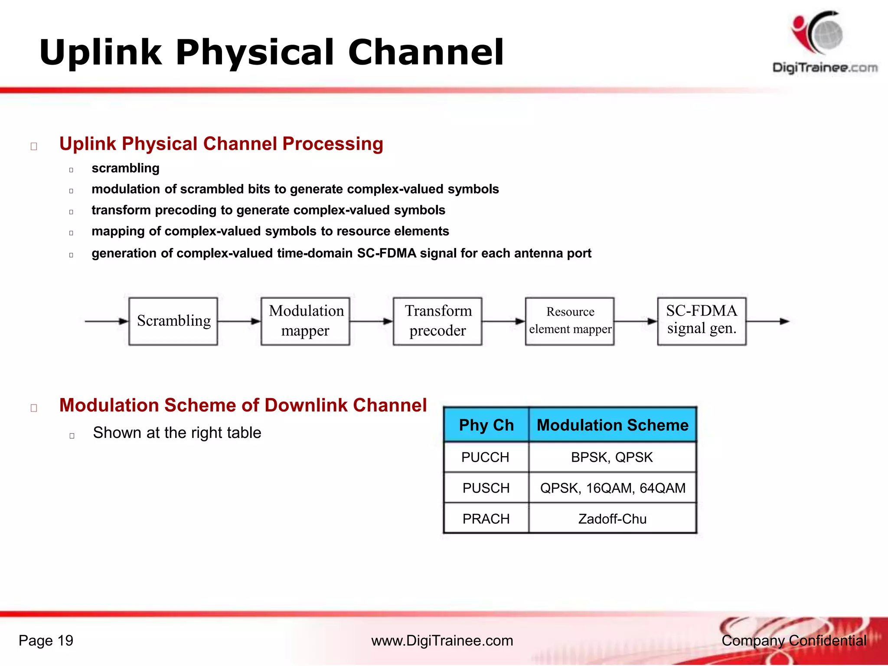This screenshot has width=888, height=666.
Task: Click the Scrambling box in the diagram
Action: pyautogui.click(x=173, y=321)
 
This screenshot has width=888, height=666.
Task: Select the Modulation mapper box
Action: pyautogui.click(x=305, y=321)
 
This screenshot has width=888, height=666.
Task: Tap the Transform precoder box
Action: pyautogui.click(x=437, y=321)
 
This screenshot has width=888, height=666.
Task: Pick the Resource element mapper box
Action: pyautogui.click(x=570, y=321)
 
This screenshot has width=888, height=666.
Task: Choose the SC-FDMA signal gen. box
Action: pyautogui.click(x=702, y=321)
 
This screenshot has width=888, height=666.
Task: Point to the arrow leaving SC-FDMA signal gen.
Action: pyautogui.click(x=767, y=321)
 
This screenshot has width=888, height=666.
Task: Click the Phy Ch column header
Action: pyautogui.click(x=486, y=425)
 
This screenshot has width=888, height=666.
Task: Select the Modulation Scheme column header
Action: pyautogui.click(x=612, y=425)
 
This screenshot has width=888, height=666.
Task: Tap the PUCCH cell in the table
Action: pyautogui.click(x=485, y=457)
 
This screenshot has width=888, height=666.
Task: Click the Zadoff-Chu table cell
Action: pyautogui.click(x=612, y=519)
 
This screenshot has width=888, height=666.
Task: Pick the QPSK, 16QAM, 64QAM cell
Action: pyautogui.click(x=612, y=488)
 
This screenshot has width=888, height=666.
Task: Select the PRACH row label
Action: pyautogui.click(x=486, y=519)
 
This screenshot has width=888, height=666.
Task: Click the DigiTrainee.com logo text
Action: pyautogui.click(x=825, y=68)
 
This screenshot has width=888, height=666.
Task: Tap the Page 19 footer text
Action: pyautogui.click(x=46, y=640)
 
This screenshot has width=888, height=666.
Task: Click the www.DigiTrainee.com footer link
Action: pyautogui.click(x=442, y=640)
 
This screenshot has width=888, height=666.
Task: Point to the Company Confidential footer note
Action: pyautogui.click(x=793, y=640)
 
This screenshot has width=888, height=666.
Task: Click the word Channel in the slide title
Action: pyautogui.click(x=425, y=52)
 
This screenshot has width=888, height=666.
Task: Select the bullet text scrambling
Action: pyautogui.click(x=125, y=168)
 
